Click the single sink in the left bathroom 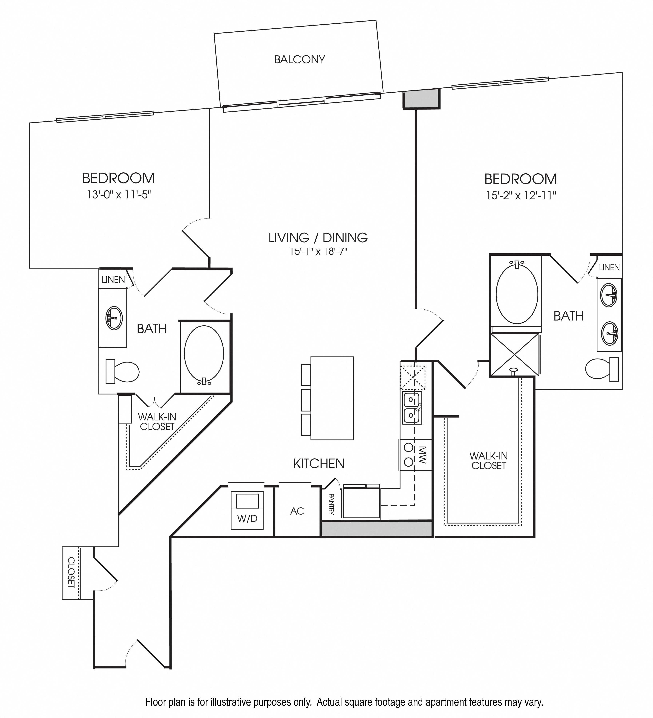(114, 318)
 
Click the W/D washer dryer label (247, 518)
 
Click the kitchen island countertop (332, 398)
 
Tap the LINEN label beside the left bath (113, 280)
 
